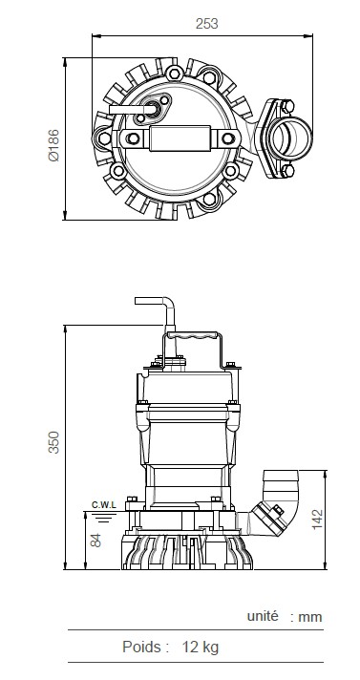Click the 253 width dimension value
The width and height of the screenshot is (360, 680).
pyautogui.click(x=206, y=24)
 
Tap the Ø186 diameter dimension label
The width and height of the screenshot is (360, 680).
pyautogui.click(x=53, y=145)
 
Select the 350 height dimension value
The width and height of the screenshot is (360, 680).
pyautogui.click(x=53, y=442)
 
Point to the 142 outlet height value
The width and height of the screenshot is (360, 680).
pyautogui.click(x=317, y=520)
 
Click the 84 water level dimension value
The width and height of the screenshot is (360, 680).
pyautogui.click(x=95, y=540)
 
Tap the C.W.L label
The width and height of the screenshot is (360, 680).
pyautogui.click(x=104, y=505)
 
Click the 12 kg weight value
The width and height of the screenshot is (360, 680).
pyautogui.click(x=201, y=647)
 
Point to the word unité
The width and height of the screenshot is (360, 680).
pyautogui.click(x=263, y=616)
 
